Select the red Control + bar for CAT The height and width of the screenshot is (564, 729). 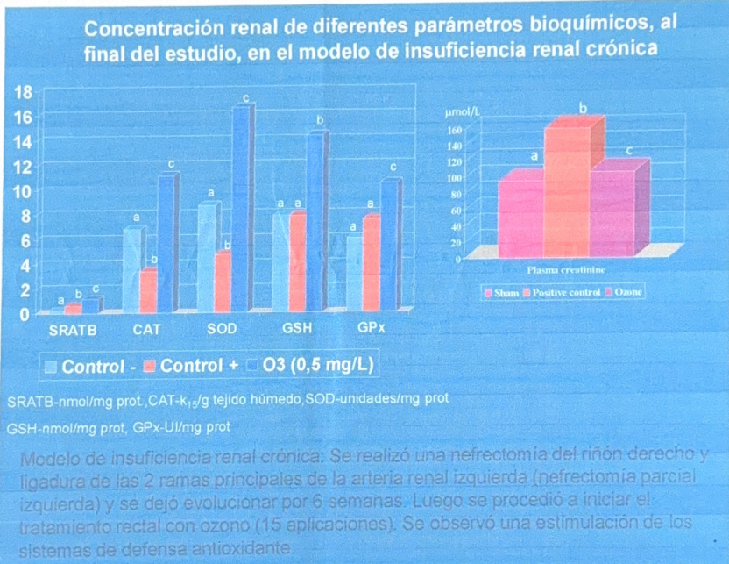click(x=147, y=291)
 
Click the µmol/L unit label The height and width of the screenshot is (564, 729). click(x=461, y=113)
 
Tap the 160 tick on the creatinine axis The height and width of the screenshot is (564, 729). click(x=454, y=130)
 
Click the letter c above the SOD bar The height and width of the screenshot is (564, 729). click(x=247, y=96)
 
